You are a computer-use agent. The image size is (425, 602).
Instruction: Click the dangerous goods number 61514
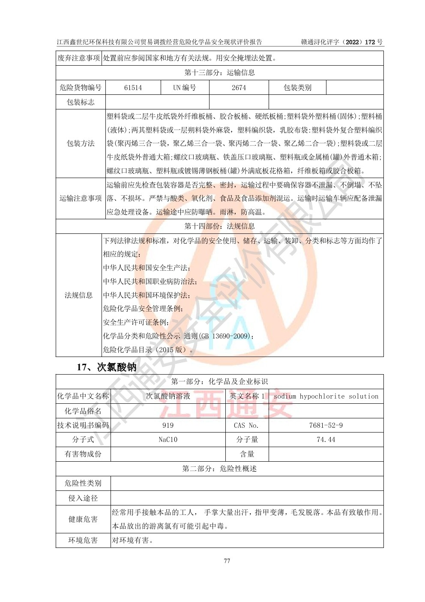tap(133, 88)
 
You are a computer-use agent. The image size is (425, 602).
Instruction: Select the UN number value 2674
tap(239, 88)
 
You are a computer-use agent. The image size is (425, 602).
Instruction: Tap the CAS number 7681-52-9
tap(326, 425)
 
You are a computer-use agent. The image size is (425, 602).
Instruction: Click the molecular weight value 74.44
tap(326, 440)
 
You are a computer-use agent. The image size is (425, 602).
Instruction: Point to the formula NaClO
tap(168, 440)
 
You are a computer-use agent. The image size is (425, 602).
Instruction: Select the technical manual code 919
tap(168, 425)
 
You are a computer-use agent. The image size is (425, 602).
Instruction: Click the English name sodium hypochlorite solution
tap(326, 396)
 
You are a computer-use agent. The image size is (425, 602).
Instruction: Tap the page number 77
tap(227, 561)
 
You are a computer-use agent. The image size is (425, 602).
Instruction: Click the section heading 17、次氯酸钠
tap(106, 367)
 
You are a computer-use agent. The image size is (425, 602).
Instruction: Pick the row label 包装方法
tap(81, 143)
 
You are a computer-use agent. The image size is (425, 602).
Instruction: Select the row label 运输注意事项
tap(81, 198)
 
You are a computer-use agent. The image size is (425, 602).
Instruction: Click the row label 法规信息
tap(78, 295)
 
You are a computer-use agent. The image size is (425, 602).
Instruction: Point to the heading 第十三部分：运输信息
tap(219, 73)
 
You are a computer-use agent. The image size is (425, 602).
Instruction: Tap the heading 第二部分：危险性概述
tap(219, 469)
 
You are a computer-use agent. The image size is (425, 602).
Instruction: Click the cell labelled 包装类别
tap(297, 88)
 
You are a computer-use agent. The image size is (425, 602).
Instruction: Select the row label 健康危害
tap(83, 519)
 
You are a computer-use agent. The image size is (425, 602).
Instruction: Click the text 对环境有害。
tap(133, 540)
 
